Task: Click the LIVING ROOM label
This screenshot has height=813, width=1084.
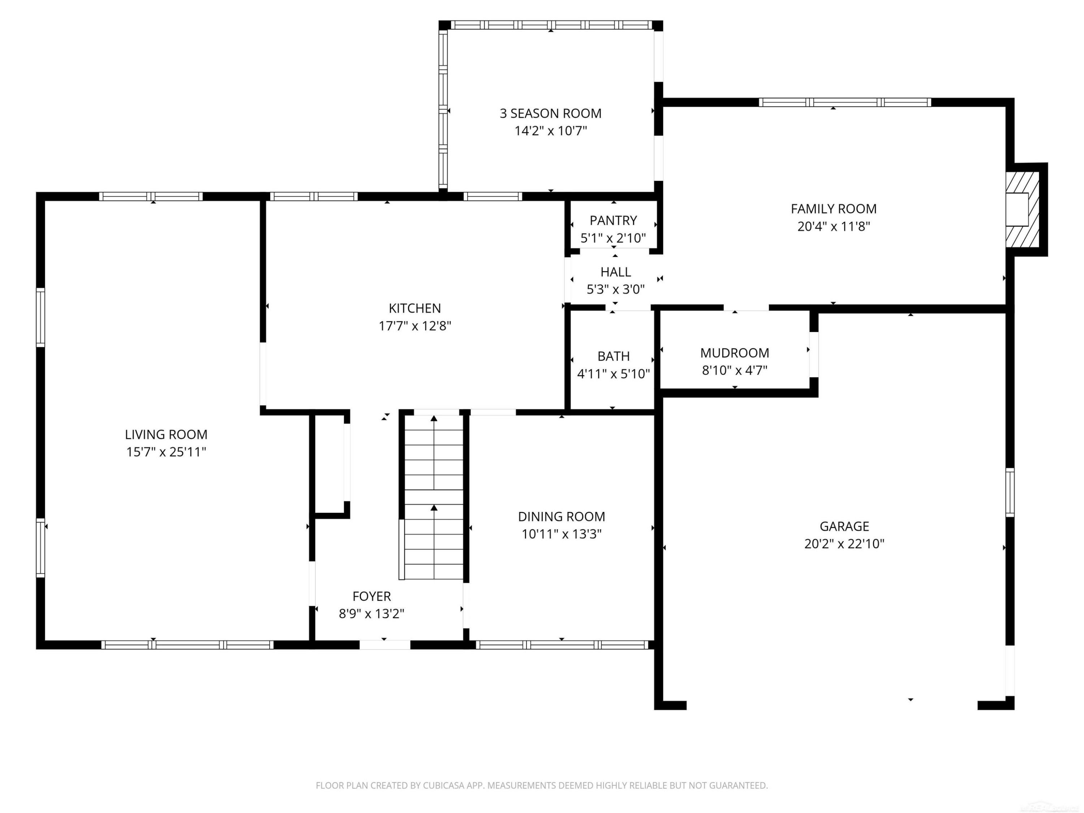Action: pyautogui.click(x=166, y=434)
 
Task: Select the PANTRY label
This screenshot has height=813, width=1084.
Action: pyautogui.click(x=613, y=220)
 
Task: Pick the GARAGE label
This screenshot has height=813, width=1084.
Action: pyautogui.click(x=844, y=526)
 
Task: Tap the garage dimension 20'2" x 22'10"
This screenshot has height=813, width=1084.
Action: pyautogui.click(x=844, y=544)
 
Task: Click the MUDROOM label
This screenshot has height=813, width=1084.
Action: pyautogui.click(x=735, y=353)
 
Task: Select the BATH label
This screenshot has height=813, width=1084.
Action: pyautogui.click(x=614, y=356)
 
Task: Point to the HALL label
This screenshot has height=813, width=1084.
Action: pyautogui.click(x=615, y=272)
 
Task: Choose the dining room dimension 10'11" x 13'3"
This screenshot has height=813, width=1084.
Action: pyautogui.click(x=562, y=534)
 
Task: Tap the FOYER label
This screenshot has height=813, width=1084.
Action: pyautogui.click(x=371, y=597)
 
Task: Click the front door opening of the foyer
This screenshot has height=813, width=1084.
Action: pyautogui.click(x=385, y=645)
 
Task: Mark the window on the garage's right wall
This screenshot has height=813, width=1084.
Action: pyautogui.click(x=1010, y=492)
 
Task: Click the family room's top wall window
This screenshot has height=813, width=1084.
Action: pyautogui.click(x=845, y=102)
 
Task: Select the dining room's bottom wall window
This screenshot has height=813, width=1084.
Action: pyautogui.click(x=562, y=645)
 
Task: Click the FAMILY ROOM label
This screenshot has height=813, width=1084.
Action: pyautogui.click(x=834, y=209)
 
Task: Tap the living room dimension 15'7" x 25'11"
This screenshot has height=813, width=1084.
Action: pyautogui.click(x=166, y=452)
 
